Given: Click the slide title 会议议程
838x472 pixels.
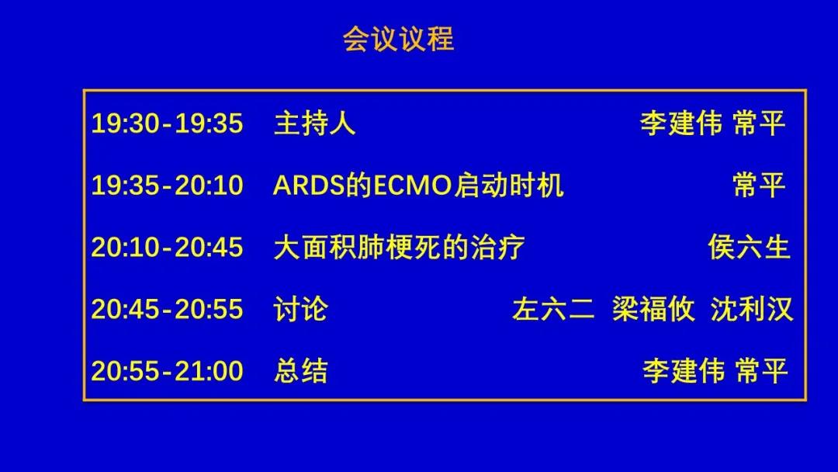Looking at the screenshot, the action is pyautogui.click(x=399, y=39).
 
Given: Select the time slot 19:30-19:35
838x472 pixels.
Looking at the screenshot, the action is pyautogui.click(x=168, y=123).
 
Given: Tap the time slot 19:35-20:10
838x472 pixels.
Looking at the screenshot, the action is pyautogui.click(x=168, y=186).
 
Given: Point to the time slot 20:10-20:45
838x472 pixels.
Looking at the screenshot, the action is pyautogui.click(x=168, y=248).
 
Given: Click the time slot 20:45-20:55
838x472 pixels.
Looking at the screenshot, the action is pyautogui.click(x=168, y=310).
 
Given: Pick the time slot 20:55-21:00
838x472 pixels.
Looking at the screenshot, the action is pyautogui.click(x=168, y=371).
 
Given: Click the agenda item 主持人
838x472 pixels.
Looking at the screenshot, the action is pyautogui.click(x=314, y=123).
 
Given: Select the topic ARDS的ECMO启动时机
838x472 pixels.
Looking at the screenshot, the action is pyautogui.click(x=418, y=186).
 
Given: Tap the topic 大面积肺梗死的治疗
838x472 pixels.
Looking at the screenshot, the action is pyautogui.click(x=399, y=248).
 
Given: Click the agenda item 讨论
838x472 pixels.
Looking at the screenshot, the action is pyautogui.click(x=300, y=310).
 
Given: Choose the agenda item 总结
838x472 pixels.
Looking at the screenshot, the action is pyautogui.click(x=300, y=371).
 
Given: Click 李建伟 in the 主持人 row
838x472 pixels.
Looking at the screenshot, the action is pyautogui.click(x=681, y=123).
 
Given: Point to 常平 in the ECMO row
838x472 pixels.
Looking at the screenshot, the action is pyautogui.click(x=759, y=186).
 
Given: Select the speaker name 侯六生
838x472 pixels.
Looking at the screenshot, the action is pyautogui.click(x=750, y=248).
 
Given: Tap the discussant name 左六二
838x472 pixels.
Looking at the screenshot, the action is pyautogui.click(x=553, y=310).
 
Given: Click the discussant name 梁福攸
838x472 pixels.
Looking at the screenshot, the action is pyautogui.click(x=653, y=310).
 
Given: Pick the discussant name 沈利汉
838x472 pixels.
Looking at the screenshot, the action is pyautogui.click(x=751, y=310).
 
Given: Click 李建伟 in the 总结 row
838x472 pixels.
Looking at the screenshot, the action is pyautogui.click(x=684, y=371).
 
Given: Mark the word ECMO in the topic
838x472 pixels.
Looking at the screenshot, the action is pyautogui.click(x=412, y=186).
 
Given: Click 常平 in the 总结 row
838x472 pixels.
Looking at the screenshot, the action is pyautogui.click(x=761, y=371).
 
